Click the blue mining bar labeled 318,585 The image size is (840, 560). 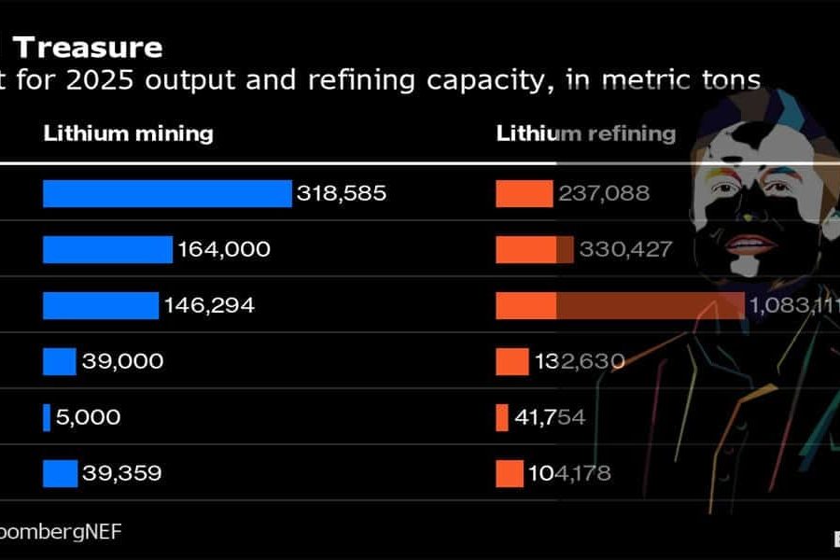coord(167,193)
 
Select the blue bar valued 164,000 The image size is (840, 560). coord(107,249)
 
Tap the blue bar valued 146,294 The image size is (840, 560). coord(101,305)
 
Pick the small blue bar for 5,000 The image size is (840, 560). coord(47,417)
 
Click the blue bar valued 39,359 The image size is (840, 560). coord(60,473)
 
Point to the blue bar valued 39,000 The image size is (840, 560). coord(59,361)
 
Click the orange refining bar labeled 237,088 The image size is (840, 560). coord(524,193)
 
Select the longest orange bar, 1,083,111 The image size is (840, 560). coord(620,305)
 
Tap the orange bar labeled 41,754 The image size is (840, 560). coord(502,417)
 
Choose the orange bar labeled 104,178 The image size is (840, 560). coord(510,473)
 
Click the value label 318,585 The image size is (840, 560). coord(341,194)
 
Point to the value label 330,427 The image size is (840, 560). coord(625,250)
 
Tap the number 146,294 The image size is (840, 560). coord(210,305)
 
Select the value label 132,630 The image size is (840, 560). coord(580,361)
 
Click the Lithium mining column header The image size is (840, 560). coord(128,133)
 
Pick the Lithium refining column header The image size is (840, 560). coord(585,133)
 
